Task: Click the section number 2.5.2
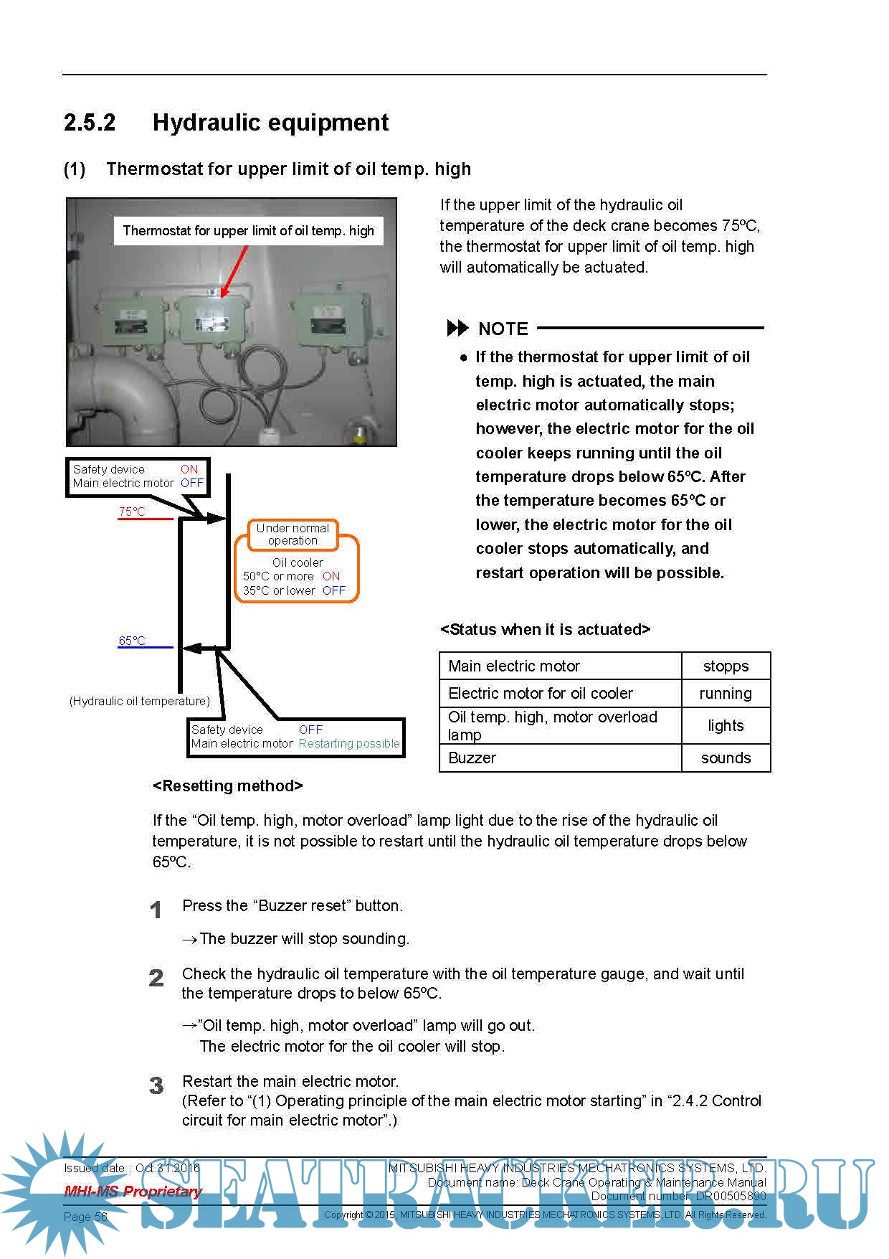coord(90,123)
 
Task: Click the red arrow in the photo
coord(234,272)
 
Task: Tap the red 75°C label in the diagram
coord(132,511)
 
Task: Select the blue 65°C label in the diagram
coord(132,641)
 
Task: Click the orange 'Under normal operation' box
coord(293,534)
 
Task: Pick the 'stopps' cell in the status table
coord(726,666)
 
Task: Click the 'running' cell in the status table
coord(726,694)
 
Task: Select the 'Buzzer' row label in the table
coord(472,758)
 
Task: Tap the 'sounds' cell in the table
coord(726,758)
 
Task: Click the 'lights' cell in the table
coord(726,726)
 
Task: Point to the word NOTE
coord(503,329)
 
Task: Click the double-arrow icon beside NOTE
coord(457,329)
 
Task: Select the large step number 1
coord(156,910)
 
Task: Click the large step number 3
coord(156,1085)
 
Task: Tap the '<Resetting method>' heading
coord(228,786)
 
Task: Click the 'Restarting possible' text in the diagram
coord(349,744)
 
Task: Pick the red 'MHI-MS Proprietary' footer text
coord(133,1192)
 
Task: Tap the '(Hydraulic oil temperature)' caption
coord(140,701)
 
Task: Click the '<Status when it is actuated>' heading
coord(545,630)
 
